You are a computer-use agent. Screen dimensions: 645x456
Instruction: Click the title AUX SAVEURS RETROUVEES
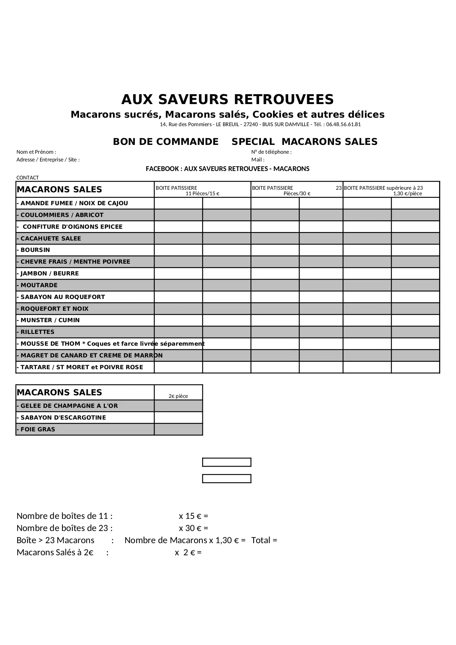(227, 100)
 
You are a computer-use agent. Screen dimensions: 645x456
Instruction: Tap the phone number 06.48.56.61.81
(343, 124)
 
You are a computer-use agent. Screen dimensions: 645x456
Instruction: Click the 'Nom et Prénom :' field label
(36, 152)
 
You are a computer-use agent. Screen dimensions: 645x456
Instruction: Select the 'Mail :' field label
(258, 160)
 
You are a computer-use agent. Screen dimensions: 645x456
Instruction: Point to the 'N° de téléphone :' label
(272, 152)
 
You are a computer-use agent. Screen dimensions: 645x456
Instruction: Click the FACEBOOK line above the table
(227, 169)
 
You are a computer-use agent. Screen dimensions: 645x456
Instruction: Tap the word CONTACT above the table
(28, 178)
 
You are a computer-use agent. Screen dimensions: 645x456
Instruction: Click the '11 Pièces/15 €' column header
(202, 193)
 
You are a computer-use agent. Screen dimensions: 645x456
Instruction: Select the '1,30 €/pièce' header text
(407, 193)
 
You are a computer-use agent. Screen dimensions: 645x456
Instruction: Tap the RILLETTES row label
(37, 332)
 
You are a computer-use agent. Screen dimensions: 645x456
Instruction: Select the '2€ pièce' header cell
(178, 396)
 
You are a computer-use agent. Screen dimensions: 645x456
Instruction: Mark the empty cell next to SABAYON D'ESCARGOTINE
(178, 417)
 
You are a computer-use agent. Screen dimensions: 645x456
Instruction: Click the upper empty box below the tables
(227, 462)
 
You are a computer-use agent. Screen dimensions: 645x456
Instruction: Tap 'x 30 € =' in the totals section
(193, 528)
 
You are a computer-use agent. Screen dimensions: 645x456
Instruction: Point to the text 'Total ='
(264, 540)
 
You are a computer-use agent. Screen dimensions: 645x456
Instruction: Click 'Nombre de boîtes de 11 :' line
(65, 516)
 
